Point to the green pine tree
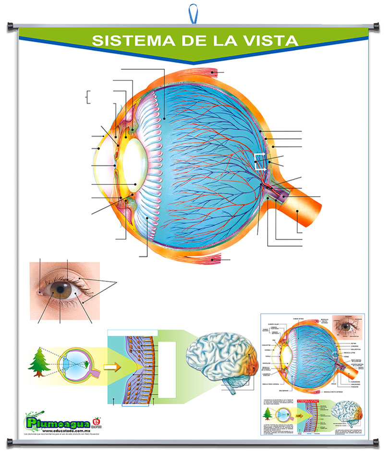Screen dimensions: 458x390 37,362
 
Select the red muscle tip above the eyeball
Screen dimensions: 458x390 212,73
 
